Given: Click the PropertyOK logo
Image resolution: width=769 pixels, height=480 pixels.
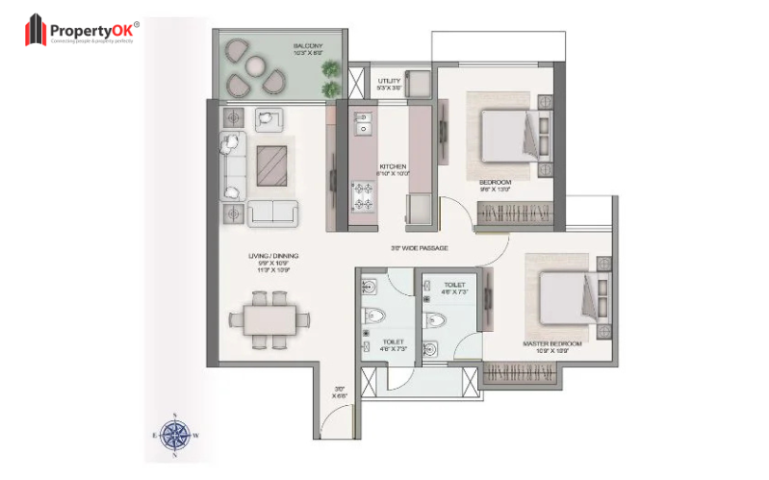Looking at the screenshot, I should pyautogui.click(x=81, y=31).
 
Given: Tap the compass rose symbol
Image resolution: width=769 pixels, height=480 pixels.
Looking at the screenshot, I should pyautogui.click(x=175, y=435).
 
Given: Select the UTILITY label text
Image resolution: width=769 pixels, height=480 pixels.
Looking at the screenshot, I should pyautogui.click(x=389, y=81).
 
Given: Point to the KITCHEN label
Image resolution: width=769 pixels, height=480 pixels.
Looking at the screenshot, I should pyautogui.click(x=394, y=164).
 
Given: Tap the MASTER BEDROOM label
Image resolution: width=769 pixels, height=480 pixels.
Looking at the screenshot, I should pyautogui.click(x=551, y=343).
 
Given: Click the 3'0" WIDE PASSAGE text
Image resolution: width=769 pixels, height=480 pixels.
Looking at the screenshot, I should pyautogui.click(x=419, y=247).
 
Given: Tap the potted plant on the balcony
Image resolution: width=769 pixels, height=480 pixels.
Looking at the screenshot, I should pyautogui.click(x=330, y=70).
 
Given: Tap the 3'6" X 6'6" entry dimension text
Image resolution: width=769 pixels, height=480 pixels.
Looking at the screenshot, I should pyautogui.click(x=339, y=391).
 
